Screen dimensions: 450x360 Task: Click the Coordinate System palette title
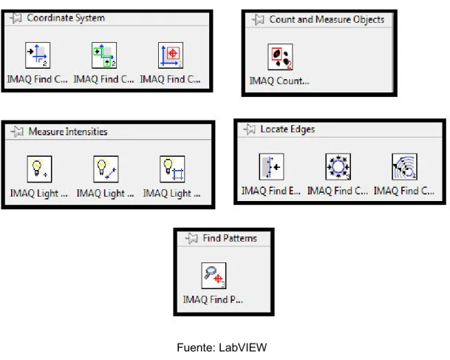(66, 18)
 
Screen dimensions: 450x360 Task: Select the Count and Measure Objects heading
(327, 19)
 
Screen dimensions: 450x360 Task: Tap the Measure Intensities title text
(68, 132)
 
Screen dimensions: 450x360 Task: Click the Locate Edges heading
(287, 129)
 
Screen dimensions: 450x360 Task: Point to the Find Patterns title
(230, 238)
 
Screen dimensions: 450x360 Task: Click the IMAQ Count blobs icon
(280, 57)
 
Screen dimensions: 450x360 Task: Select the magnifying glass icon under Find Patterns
(214, 276)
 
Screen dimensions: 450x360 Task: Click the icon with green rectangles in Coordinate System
(104, 55)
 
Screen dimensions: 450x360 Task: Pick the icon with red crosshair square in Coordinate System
(171, 55)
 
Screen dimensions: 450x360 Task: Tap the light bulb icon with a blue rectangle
(172, 169)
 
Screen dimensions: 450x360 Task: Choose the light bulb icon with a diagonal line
(106, 169)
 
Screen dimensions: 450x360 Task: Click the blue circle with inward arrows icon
(338, 167)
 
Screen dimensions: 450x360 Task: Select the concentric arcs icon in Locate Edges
(405, 167)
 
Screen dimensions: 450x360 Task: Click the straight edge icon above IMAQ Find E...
(271, 167)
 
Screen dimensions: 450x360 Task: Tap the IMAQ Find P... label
(213, 299)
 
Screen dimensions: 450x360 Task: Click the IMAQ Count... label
(279, 81)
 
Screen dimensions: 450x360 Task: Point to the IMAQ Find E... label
(271, 191)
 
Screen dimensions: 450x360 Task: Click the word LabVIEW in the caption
(243, 347)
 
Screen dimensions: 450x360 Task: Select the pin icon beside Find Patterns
(191, 238)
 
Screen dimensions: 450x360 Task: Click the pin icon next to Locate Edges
(250, 129)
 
